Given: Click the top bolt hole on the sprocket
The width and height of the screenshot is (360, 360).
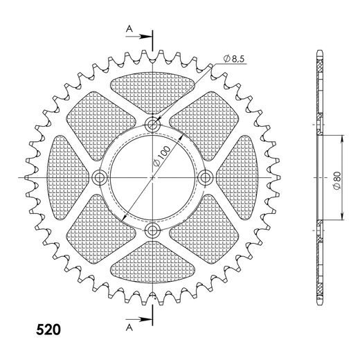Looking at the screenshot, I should pos(152,125).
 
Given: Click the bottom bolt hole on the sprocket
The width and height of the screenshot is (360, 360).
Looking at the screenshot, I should pos(152,231).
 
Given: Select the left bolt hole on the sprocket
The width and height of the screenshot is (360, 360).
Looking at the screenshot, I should pos(100,178).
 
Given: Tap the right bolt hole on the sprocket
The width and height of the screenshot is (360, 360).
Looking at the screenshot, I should pos(205,178).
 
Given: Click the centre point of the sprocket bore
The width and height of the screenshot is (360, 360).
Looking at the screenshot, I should pos(152,178).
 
